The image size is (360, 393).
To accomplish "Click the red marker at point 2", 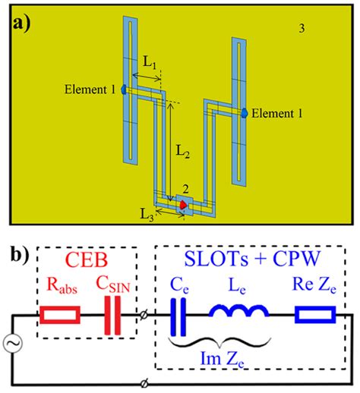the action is pyautogui.click(x=183, y=205).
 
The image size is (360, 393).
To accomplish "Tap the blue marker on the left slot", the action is pyautogui.click(x=124, y=90).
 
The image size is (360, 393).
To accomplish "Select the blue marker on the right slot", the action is pyautogui.click(x=245, y=113).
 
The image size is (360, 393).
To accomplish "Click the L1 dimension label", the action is pyautogui.click(x=150, y=62).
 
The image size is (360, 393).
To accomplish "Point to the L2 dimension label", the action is pyautogui.click(x=182, y=152).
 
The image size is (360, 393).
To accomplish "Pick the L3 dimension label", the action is pyautogui.click(x=147, y=215).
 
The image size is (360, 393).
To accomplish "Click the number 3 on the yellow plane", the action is pyautogui.click(x=302, y=28).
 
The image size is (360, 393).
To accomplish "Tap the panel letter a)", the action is pyautogui.click(x=22, y=25).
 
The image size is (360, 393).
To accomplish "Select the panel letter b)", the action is pyautogui.click(x=21, y=256).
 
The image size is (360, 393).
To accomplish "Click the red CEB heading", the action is pyautogui.click(x=87, y=259).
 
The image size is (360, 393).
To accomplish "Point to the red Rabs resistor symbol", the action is pyautogui.click(x=60, y=315).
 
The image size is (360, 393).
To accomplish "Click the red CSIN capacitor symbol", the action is pyautogui.click(x=112, y=316).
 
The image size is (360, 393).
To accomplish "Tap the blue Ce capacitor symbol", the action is pyautogui.click(x=178, y=317).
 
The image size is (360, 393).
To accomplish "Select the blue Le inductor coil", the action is pyautogui.click(x=239, y=311).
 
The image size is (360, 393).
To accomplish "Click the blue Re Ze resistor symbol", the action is pyautogui.click(x=315, y=315).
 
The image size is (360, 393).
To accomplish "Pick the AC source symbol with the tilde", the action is pyautogui.click(x=13, y=343).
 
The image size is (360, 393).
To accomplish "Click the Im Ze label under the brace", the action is pyautogui.click(x=222, y=359).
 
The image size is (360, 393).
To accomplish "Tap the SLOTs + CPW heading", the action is pyautogui.click(x=252, y=259).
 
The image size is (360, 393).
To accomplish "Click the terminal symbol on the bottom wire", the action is pyautogui.click(x=144, y=384).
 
